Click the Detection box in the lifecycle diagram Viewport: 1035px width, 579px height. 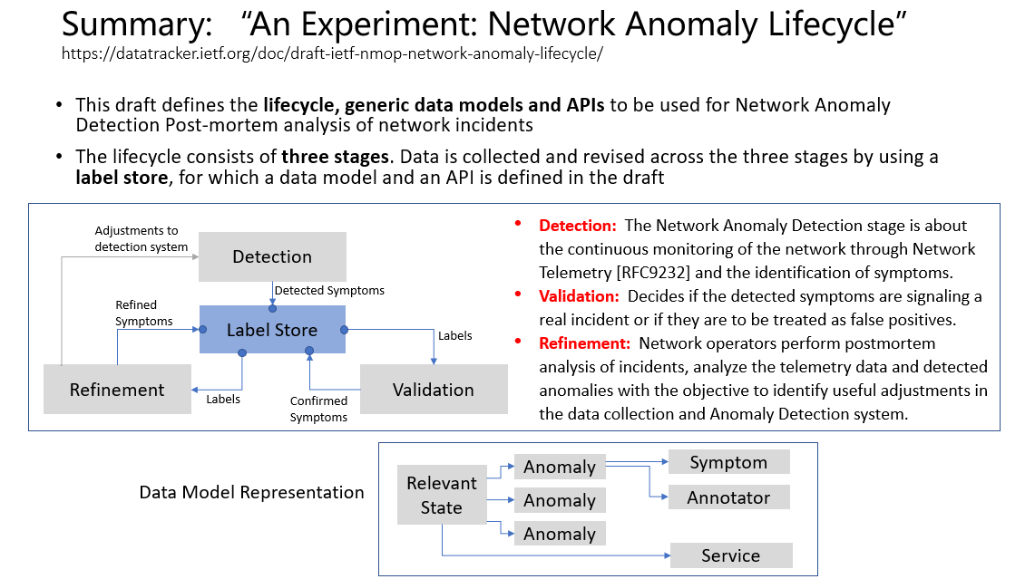coord(272,256)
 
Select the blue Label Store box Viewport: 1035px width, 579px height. coord(272,330)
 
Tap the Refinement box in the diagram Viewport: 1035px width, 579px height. coord(117,390)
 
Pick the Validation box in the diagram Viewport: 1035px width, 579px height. coord(433,390)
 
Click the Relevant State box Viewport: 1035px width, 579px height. coord(442,496)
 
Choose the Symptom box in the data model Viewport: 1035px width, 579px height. coord(728,462)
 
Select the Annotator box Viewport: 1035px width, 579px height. coord(728,497)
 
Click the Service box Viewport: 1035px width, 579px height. coord(731,555)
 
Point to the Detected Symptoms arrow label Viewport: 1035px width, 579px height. coord(329,290)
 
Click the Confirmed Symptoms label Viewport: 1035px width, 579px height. coord(318,409)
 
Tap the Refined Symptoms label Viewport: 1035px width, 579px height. coord(144,314)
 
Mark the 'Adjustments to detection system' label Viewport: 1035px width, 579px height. coord(142,238)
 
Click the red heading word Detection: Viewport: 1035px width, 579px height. coord(578,226)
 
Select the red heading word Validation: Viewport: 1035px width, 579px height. coord(579,296)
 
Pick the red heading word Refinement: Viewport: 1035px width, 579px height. coord(585,343)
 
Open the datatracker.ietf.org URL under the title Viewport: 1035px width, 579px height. coord(332,53)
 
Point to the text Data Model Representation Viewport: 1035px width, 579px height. coord(251,492)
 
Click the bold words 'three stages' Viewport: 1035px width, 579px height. coord(336,157)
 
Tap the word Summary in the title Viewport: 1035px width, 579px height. coord(137,25)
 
